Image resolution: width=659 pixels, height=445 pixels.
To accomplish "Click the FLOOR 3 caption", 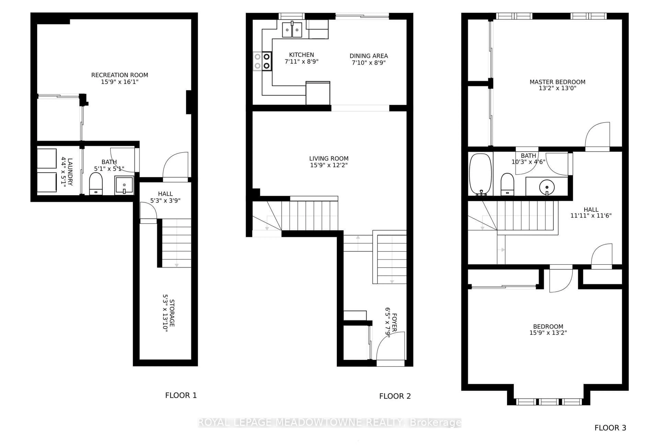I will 610,428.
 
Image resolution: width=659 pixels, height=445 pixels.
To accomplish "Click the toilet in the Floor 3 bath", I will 507,185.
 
